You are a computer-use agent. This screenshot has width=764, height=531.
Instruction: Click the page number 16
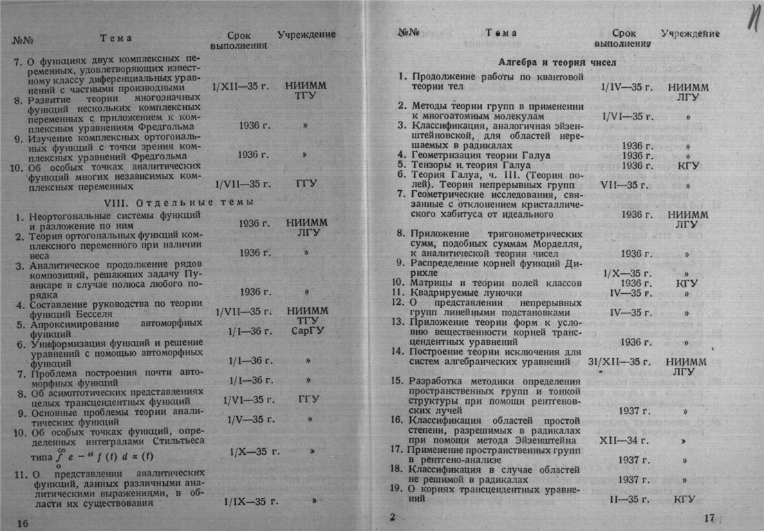click(22, 523)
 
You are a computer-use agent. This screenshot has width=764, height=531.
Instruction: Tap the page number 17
click(709, 518)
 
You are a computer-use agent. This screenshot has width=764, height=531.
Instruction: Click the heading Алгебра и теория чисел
click(557, 62)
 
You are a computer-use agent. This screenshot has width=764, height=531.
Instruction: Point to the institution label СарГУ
click(307, 331)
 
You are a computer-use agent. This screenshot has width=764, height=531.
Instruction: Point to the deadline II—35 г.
click(628, 499)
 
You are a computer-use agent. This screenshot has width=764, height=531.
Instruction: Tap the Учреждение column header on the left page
click(306, 35)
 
